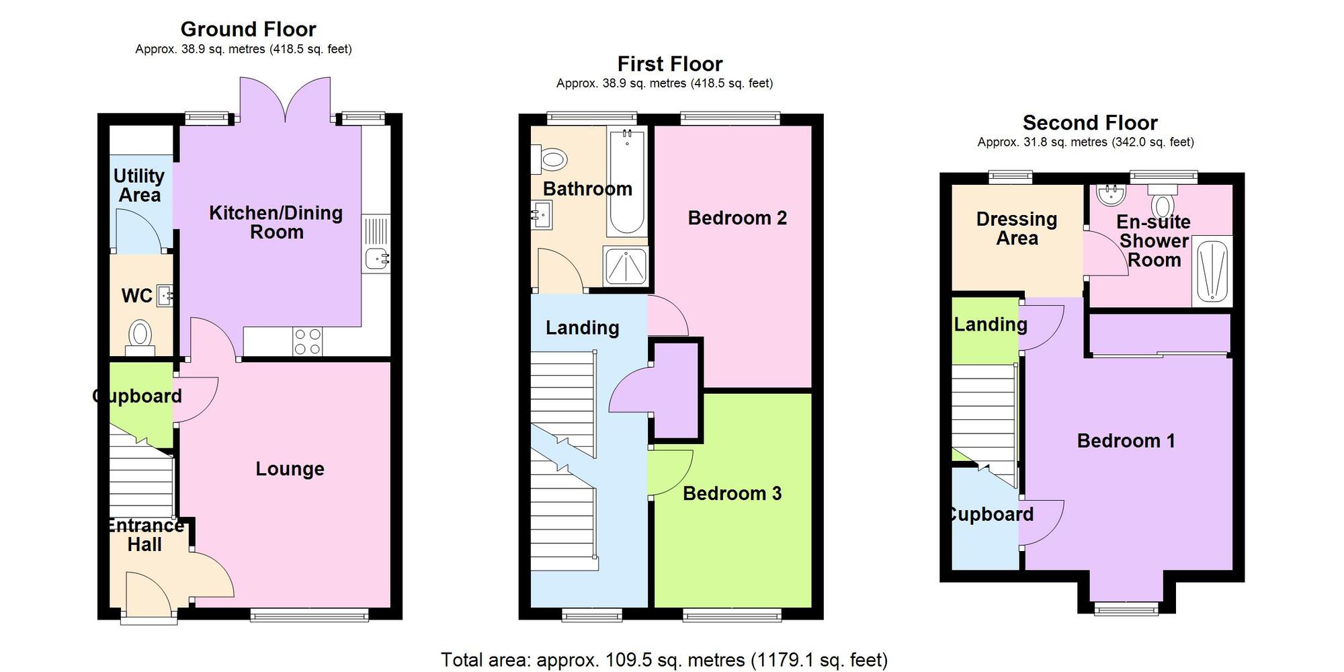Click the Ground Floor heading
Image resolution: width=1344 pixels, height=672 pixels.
pyautogui.click(x=248, y=30)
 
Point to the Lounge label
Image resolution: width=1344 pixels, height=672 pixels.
pyautogui.click(x=290, y=468)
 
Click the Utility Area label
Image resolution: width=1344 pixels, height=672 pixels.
pyautogui.click(x=139, y=185)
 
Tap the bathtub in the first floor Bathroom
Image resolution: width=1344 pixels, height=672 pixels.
pyautogui.click(x=626, y=181)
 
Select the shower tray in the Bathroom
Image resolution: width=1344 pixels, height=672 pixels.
pyautogui.click(x=626, y=266)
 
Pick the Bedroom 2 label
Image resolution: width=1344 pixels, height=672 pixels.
pyautogui.click(x=737, y=218)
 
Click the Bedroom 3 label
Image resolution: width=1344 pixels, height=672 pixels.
pyautogui.click(x=732, y=493)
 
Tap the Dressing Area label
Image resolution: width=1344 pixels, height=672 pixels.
pyautogui.click(x=1017, y=228)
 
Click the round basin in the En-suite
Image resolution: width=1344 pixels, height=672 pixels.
pyautogui.click(x=1111, y=196)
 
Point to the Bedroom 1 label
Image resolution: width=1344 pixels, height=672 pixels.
pyautogui.click(x=1126, y=441)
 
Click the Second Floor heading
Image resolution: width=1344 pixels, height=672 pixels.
pyautogui.click(x=1090, y=123)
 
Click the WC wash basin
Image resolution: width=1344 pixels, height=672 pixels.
pyautogui.click(x=165, y=296)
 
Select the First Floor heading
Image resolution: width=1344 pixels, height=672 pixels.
pyautogui.click(x=670, y=64)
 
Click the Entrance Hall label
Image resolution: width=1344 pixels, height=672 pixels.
pyautogui.click(x=145, y=535)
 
